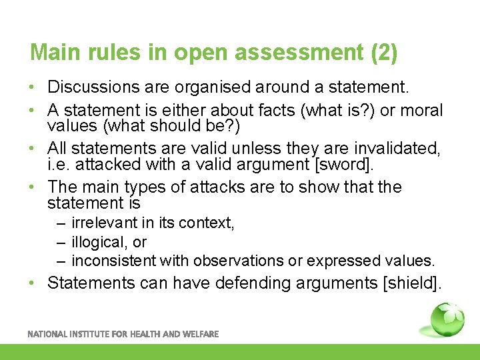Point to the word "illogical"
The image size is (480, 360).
(98, 242)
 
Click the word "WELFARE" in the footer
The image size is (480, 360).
(197, 334)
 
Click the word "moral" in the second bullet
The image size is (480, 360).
(421, 109)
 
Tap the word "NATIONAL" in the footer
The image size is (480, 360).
(49, 334)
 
